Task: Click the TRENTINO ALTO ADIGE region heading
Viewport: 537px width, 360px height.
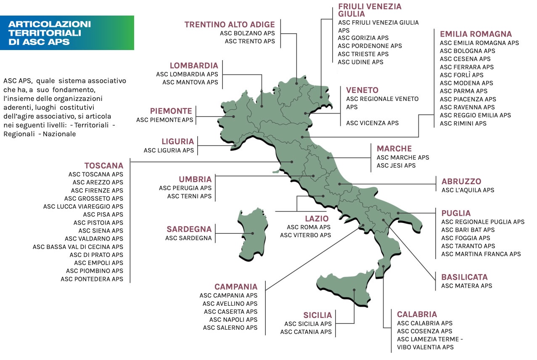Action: [230, 24]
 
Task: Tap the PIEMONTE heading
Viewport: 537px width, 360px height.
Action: [171, 111]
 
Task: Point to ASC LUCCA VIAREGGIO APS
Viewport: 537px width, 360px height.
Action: [83, 206]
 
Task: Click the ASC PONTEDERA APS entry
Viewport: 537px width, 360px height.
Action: [92, 279]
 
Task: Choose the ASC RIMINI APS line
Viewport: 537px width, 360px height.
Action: [463, 123]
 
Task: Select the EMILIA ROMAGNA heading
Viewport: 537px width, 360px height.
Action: [476, 34]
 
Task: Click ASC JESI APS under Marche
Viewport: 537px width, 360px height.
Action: [396, 166]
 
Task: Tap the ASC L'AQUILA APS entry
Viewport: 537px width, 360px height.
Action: [468, 190]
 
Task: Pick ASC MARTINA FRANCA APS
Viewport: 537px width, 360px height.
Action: [481, 254]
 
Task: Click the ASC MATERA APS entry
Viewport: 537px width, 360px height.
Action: [466, 286]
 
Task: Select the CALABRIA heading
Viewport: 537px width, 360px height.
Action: [417, 314]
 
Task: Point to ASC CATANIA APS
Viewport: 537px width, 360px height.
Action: [306, 332]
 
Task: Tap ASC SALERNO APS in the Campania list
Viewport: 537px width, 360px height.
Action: [230, 328]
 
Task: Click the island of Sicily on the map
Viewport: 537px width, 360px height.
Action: [345, 290]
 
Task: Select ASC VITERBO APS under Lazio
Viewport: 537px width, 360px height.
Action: [306, 235]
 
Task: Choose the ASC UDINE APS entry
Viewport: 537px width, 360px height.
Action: [360, 62]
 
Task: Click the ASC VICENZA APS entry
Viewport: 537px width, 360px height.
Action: [372, 123]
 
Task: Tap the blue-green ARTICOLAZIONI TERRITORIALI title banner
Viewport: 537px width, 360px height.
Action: [67, 33]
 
